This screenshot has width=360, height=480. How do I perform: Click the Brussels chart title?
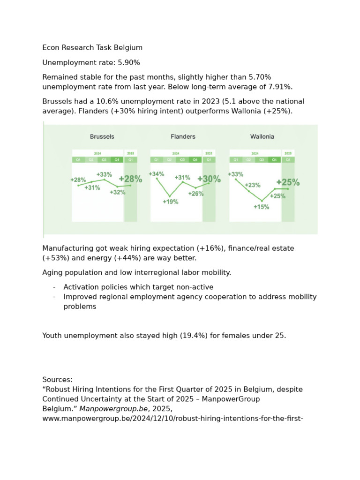(102, 136)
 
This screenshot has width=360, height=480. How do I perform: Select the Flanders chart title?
(183, 136)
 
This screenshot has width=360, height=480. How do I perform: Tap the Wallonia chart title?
(262, 136)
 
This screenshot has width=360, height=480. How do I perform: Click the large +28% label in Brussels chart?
(130, 179)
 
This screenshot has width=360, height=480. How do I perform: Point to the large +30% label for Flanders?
(209, 179)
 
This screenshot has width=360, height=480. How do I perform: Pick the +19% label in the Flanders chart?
(170, 202)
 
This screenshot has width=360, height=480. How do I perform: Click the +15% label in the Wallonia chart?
(261, 207)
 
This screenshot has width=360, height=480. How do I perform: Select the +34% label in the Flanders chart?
(157, 174)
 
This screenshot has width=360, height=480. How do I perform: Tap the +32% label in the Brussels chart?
(118, 192)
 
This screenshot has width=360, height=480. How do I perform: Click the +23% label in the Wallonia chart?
(252, 185)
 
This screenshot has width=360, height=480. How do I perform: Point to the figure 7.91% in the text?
(277, 87)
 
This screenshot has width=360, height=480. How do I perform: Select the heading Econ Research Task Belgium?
(92, 48)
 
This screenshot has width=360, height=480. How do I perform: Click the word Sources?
(57, 379)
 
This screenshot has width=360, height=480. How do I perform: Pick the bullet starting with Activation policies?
(138, 287)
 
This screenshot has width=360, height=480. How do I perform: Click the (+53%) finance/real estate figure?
(55, 258)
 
